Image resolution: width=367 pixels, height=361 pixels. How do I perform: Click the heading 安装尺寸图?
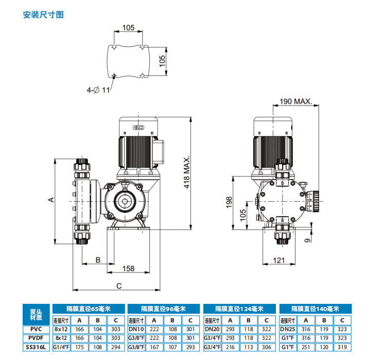click(x=43, y=14)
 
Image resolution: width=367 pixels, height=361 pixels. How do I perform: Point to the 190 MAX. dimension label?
click(x=295, y=102)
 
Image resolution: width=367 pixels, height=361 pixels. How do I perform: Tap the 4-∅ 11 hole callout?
click(x=98, y=90)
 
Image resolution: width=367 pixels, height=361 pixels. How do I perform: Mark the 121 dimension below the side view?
click(x=278, y=261)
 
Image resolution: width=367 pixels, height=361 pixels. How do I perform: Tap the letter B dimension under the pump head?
click(x=97, y=260)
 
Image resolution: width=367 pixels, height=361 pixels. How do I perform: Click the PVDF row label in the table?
click(x=37, y=338)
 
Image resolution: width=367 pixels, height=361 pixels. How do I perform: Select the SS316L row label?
click(x=37, y=348)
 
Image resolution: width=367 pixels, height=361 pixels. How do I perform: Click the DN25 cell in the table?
click(x=288, y=329)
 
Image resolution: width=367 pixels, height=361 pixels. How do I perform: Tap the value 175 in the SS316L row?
click(x=80, y=348)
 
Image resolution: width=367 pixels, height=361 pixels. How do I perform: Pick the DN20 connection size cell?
click(x=212, y=329)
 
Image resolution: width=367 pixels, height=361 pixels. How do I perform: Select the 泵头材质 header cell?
click(x=37, y=314)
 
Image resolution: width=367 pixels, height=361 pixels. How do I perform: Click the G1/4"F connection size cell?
click(x=61, y=348)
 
